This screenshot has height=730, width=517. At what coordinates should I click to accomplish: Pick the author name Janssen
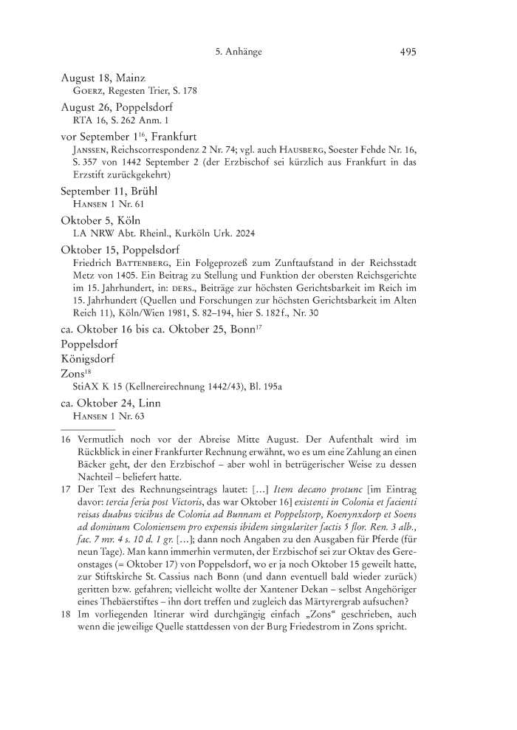[x=92, y=149]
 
